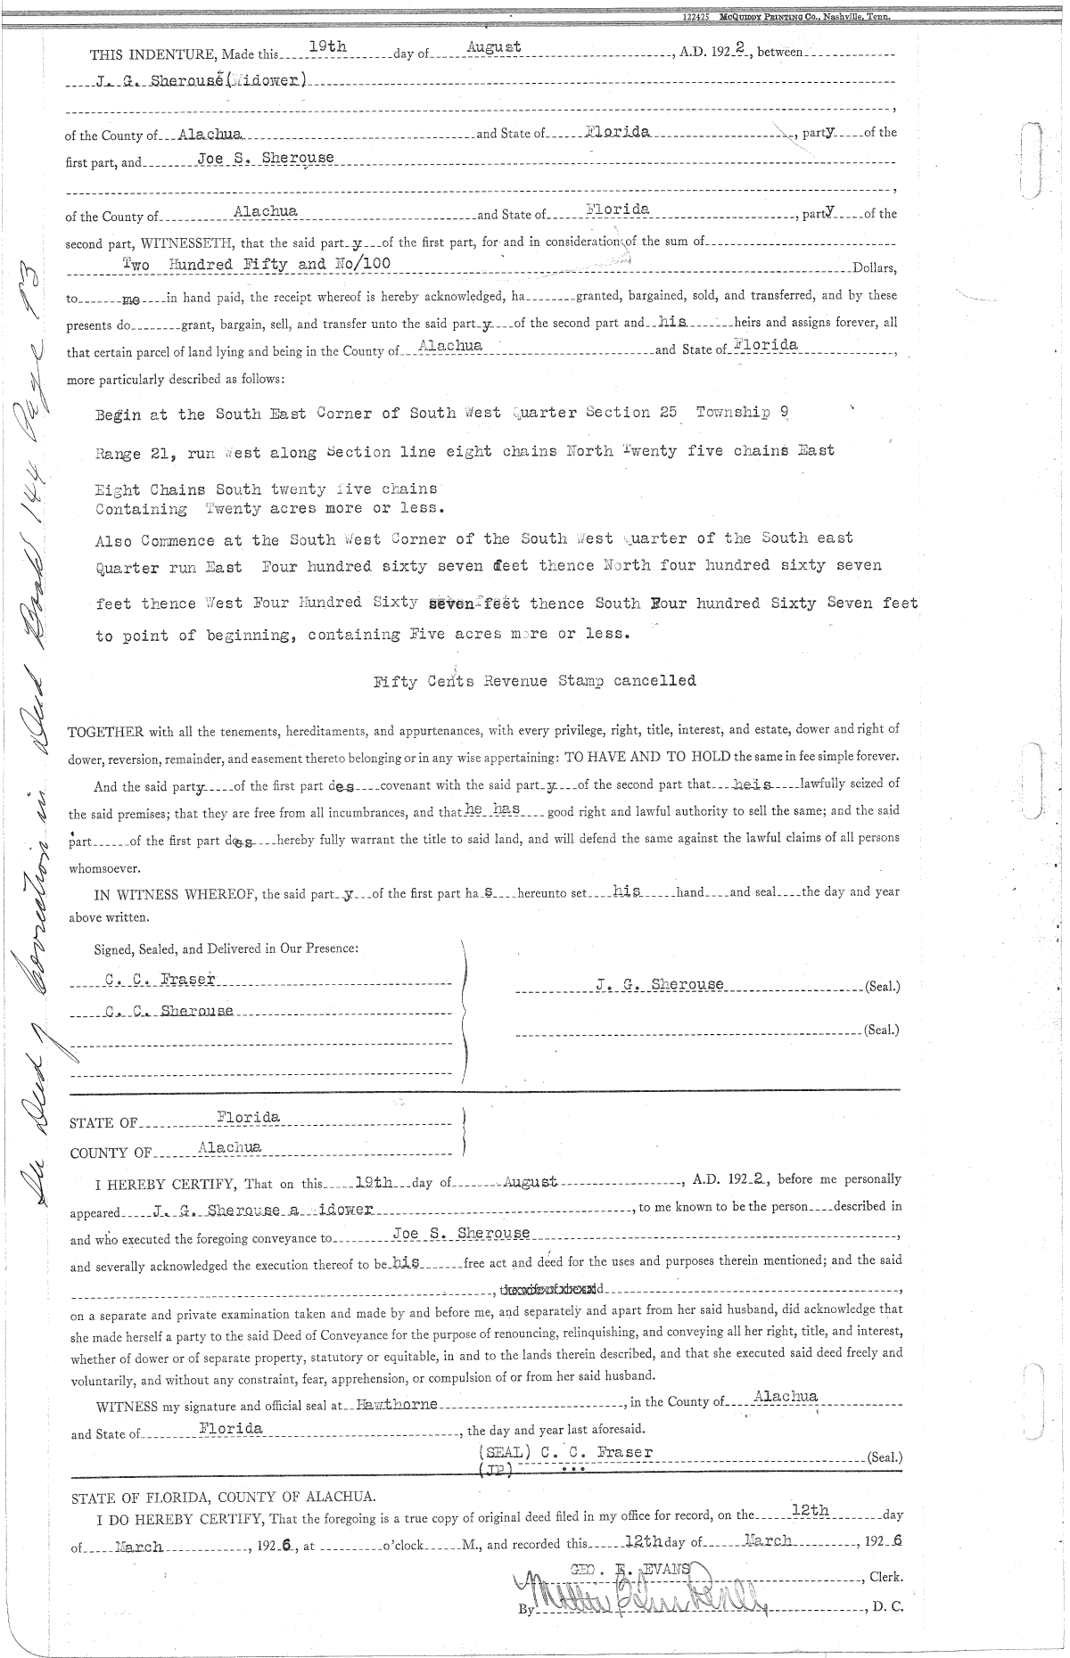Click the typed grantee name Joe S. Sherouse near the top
(x=265, y=159)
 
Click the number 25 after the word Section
(x=664, y=413)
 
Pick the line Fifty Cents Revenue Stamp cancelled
(x=534, y=681)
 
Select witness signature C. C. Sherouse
(x=169, y=1012)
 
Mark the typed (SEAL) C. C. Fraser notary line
(x=566, y=1452)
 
